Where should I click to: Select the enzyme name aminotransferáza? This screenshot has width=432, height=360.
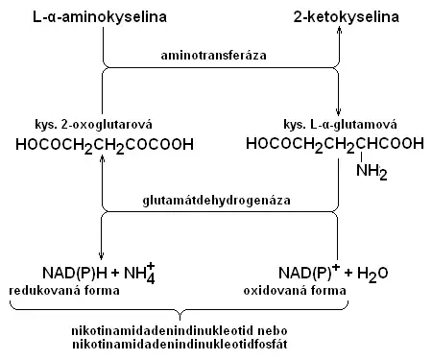click(x=220, y=57)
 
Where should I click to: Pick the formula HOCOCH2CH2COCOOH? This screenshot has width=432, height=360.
click(x=104, y=145)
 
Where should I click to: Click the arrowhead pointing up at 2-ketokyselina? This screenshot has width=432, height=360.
click(x=339, y=31)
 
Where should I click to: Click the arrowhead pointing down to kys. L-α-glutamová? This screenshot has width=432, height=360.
click(x=339, y=113)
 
